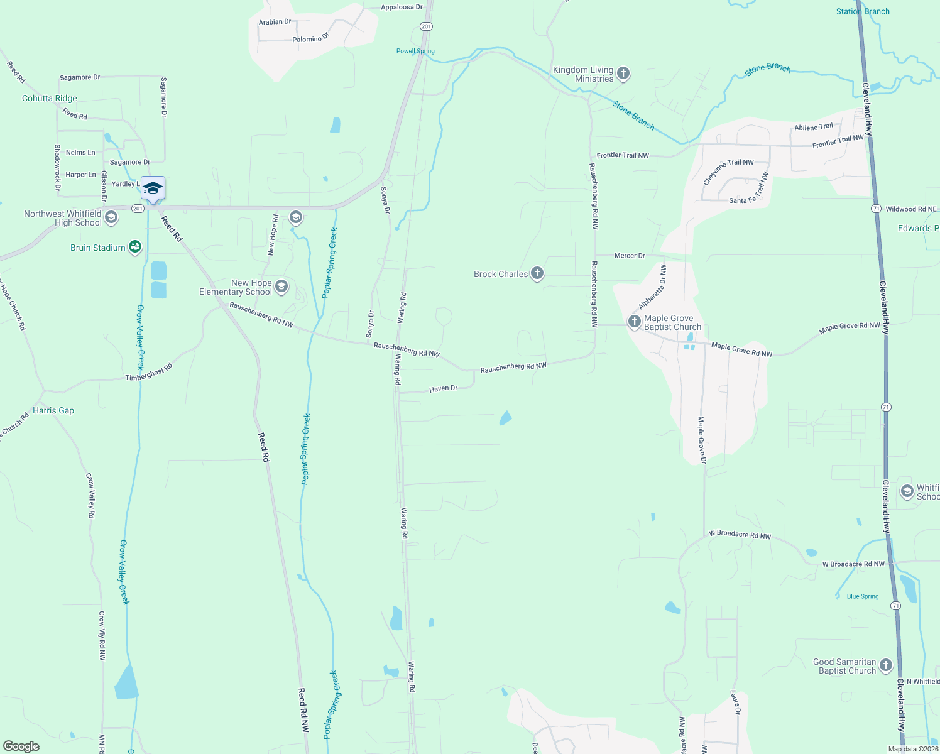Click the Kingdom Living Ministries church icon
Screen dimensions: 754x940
(x=623, y=74)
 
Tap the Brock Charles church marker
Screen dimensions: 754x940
(x=537, y=273)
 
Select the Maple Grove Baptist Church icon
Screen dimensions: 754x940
(x=634, y=322)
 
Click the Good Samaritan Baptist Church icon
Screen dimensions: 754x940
(x=886, y=665)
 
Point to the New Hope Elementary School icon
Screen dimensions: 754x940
(x=281, y=287)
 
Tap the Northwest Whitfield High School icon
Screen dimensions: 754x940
(x=111, y=218)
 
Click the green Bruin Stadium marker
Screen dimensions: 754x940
(x=134, y=248)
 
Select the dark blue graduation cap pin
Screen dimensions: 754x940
(x=153, y=188)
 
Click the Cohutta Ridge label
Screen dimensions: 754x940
(x=50, y=98)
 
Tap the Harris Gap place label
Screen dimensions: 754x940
(x=53, y=410)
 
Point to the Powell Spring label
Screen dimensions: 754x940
(x=415, y=51)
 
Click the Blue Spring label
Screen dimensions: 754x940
(x=863, y=596)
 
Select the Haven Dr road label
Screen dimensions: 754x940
(x=443, y=389)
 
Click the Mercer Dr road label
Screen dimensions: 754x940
(x=629, y=256)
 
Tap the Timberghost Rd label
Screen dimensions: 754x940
(x=148, y=373)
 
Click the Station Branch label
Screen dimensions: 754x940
(x=863, y=11)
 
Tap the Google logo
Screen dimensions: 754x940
(x=21, y=746)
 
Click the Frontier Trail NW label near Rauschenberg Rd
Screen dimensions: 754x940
(x=623, y=155)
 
